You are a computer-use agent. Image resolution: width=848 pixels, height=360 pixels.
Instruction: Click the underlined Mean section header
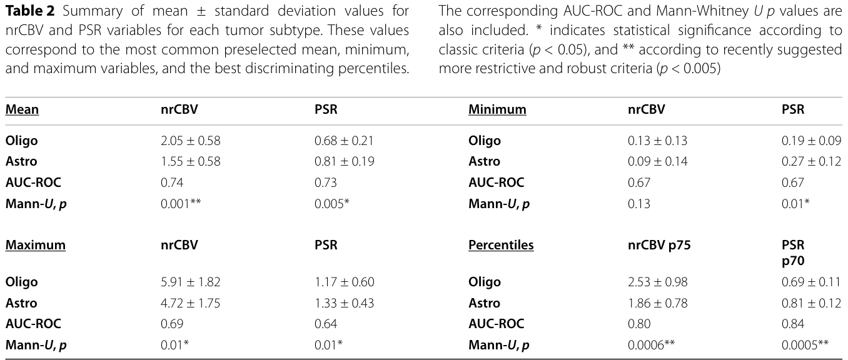[x=22, y=109]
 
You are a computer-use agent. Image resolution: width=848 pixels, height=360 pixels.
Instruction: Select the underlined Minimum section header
[x=497, y=109]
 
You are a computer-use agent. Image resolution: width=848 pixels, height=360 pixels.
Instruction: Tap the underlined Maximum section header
[x=35, y=244]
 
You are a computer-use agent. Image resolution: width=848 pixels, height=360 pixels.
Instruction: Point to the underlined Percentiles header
[x=501, y=244]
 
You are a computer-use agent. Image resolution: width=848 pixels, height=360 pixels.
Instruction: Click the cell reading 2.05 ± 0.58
[x=190, y=141]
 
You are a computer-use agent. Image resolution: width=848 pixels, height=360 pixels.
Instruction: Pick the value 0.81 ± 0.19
[x=344, y=161]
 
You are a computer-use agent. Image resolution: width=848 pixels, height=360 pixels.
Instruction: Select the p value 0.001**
[x=181, y=204]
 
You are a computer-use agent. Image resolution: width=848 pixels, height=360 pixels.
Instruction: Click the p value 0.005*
[x=331, y=204]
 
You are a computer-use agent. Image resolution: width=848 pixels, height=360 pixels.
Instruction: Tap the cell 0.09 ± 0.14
[x=657, y=161]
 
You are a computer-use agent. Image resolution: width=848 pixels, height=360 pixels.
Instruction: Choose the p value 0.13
[x=639, y=204]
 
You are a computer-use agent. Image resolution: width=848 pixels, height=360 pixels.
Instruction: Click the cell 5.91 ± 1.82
[x=190, y=282]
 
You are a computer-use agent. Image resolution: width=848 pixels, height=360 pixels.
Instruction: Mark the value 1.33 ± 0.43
[x=344, y=303]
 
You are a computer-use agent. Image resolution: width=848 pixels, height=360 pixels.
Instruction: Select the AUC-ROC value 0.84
[x=793, y=324]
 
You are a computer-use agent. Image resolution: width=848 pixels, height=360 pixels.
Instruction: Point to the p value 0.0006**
[x=651, y=345]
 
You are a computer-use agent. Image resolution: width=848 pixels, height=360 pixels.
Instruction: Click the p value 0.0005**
[x=805, y=345]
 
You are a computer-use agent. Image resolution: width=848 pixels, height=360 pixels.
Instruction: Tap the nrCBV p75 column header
[x=659, y=244]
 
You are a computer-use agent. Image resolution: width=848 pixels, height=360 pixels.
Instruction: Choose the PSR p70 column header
[x=793, y=252]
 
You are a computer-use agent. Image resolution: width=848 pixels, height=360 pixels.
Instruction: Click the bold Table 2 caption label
[x=30, y=11]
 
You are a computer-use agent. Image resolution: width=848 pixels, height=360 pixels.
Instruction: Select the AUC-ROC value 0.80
[x=639, y=324]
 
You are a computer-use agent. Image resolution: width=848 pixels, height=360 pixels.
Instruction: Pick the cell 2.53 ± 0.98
[x=657, y=282]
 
